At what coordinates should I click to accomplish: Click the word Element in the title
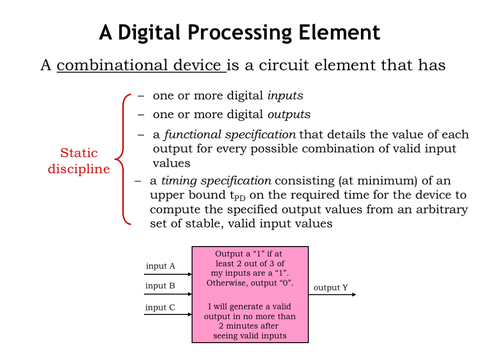pyautogui.click(x=339, y=32)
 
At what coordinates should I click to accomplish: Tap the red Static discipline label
pyautogui.click(x=79, y=161)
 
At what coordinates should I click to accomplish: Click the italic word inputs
pyautogui.click(x=285, y=96)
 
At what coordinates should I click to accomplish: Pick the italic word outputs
pyautogui.click(x=289, y=114)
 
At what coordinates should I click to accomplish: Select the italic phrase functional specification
pyautogui.click(x=230, y=135)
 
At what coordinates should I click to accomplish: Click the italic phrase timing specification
pyautogui.click(x=216, y=181)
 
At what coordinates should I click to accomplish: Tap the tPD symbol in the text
pyautogui.click(x=238, y=196)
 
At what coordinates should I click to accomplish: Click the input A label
pyautogui.click(x=160, y=266)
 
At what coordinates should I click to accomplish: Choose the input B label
pyautogui.click(x=160, y=285)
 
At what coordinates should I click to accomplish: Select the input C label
pyautogui.click(x=160, y=307)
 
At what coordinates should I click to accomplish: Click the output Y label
pyautogui.click(x=330, y=288)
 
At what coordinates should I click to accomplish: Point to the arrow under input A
pyautogui.click(x=168, y=274)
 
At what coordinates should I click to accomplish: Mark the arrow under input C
pyautogui.click(x=168, y=315)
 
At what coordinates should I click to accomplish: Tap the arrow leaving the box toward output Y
pyautogui.click(x=332, y=294)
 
